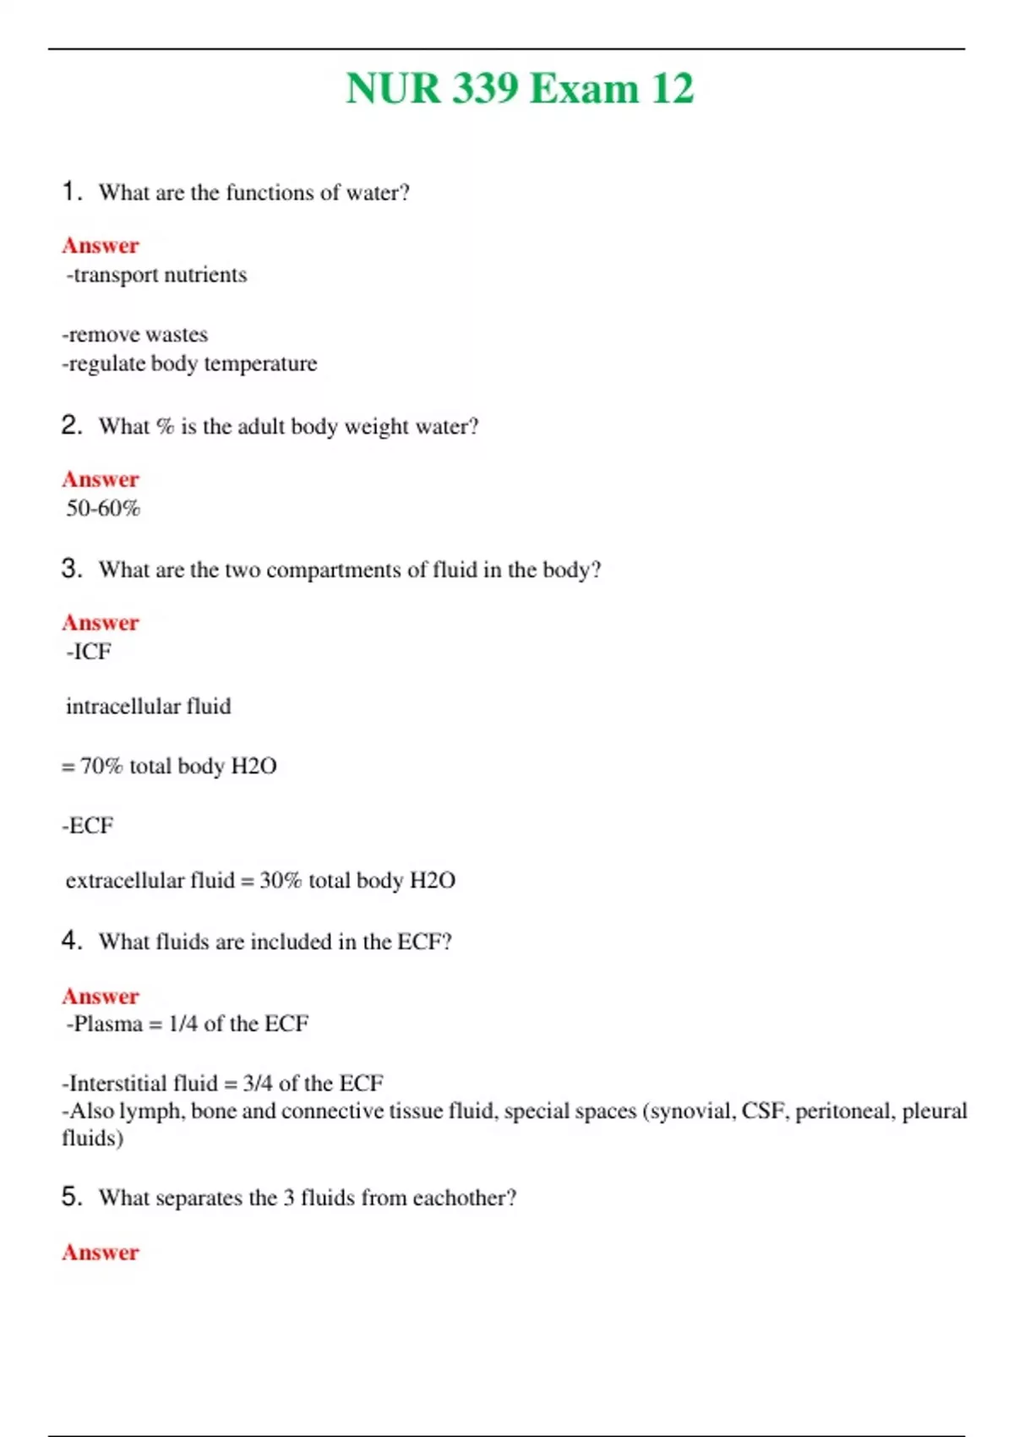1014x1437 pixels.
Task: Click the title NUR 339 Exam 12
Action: (x=520, y=89)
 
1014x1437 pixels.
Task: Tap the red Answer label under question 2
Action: (x=101, y=479)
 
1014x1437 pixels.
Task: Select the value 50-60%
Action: (x=103, y=509)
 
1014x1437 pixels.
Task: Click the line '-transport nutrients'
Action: (x=156, y=275)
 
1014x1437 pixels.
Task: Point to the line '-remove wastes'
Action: (x=135, y=335)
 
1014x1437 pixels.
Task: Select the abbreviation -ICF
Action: (x=88, y=652)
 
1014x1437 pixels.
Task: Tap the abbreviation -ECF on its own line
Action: (x=88, y=825)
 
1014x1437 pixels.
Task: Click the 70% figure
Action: (x=101, y=766)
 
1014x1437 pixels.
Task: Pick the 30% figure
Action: (x=281, y=881)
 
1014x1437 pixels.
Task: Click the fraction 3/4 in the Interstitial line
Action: (x=257, y=1084)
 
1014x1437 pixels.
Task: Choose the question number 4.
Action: (x=71, y=941)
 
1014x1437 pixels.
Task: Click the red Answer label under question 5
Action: (x=101, y=1253)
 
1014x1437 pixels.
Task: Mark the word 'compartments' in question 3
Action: (x=334, y=571)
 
